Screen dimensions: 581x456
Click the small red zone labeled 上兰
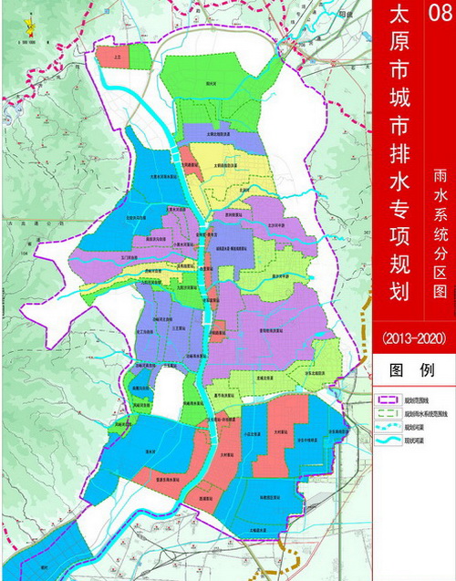click(117, 57)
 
